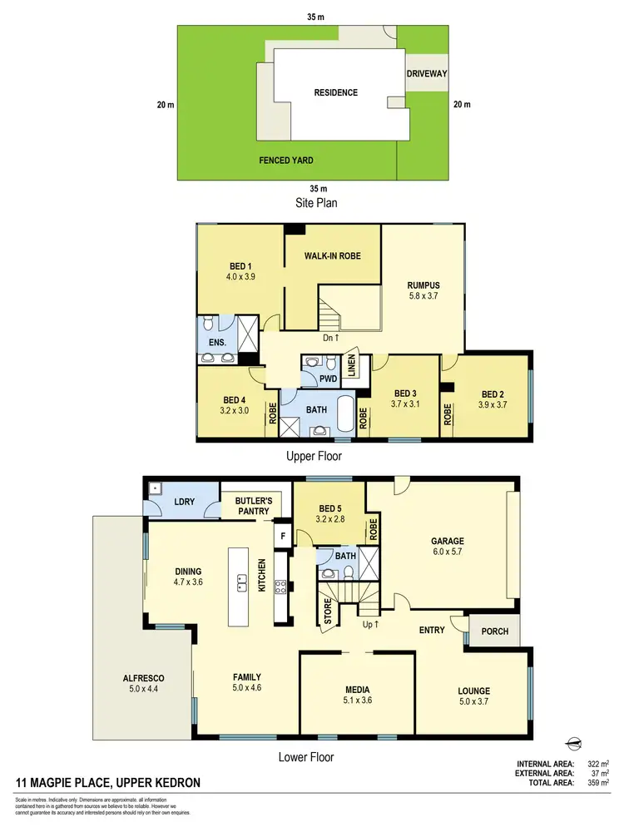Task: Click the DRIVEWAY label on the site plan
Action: pos(427,74)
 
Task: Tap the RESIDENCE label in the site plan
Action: pos(335,92)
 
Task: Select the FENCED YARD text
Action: pos(286,161)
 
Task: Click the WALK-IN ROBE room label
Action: pos(333,255)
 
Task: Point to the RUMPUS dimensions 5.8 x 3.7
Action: pos(423,295)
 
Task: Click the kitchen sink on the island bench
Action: pos(243,582)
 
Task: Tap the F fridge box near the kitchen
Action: pos(283,537)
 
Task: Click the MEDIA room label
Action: pos(358,690)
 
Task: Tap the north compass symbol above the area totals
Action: pos(572,743)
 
